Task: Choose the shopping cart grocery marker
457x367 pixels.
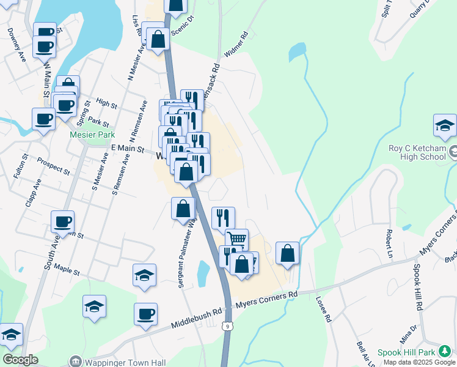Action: (237, 239)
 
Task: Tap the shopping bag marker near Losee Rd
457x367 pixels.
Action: (287, 252)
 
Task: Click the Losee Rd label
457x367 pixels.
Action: (323, 310)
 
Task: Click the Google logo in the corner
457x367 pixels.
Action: (20, 360)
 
